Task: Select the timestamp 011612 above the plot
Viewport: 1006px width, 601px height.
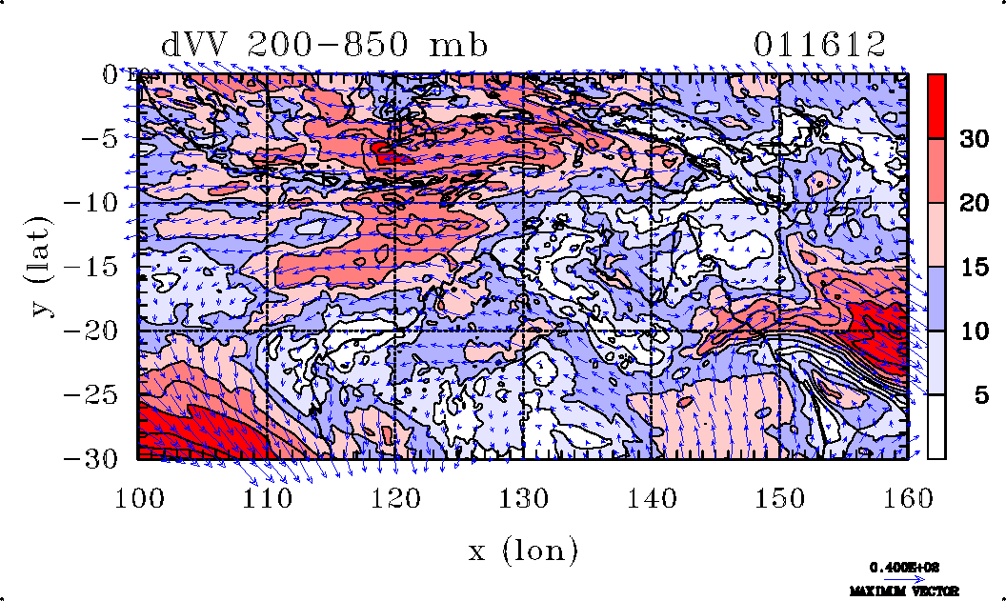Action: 819,45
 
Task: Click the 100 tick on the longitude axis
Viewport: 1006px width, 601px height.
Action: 138,497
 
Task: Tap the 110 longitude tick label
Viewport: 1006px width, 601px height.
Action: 267,497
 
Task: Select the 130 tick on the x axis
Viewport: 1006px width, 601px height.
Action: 524,497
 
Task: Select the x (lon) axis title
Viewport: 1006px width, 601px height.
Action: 523,550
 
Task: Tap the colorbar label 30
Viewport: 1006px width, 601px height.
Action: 973,139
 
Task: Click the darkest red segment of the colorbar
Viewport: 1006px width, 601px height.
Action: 936,106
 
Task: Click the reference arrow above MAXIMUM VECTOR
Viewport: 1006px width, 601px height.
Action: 897,578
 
